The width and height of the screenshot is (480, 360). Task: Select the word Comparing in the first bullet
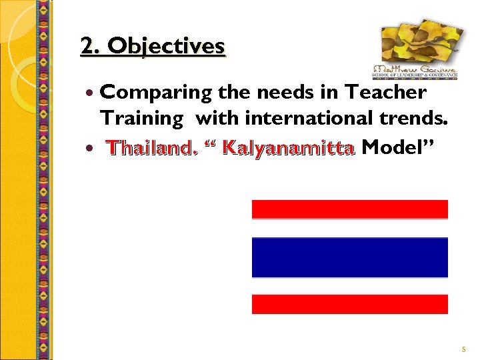pyautogui.click(x=154, y=92)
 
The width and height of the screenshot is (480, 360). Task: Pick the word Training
pyautogui.click(x=141, y=119)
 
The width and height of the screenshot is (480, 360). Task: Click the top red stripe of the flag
pyautogui.click(x=349, y=209)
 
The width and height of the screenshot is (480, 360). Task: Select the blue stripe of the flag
pyautogui.click(x=349, y=257)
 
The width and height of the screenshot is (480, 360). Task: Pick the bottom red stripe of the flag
pyautogui.click(x=349, y=304)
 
